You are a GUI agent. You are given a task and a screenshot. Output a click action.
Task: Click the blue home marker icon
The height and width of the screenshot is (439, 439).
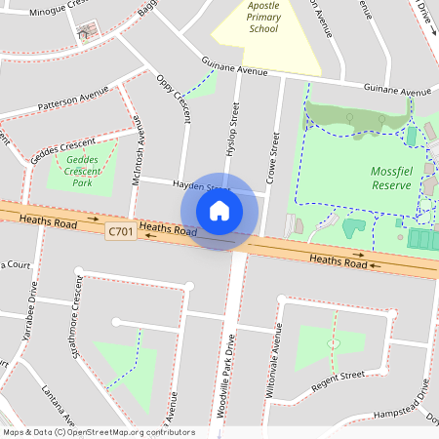click(219, 211)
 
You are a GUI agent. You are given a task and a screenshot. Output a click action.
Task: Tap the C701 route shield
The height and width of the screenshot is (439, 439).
click(120, 230)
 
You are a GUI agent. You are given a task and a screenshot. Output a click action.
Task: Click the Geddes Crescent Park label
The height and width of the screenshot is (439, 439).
click(83, 171)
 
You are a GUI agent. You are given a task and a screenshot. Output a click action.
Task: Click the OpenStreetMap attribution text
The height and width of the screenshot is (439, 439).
click(98, 432)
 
